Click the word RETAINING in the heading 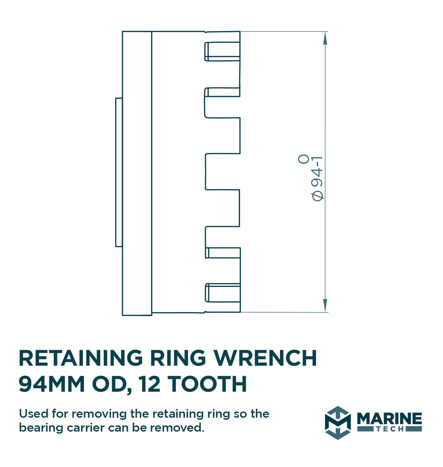tap(80, 358)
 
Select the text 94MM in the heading tap(52, 384)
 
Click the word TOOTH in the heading tap(207, 384)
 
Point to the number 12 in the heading tap(150, 384)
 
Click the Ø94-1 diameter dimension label tap(317, 178)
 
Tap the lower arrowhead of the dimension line tap(325, 305)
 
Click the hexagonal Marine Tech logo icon tap(338, 423)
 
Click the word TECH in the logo tap(390, 429)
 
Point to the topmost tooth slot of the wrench tap(222, 51)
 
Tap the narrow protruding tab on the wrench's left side tap(119, 172)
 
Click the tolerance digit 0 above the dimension tap(304, 159)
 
